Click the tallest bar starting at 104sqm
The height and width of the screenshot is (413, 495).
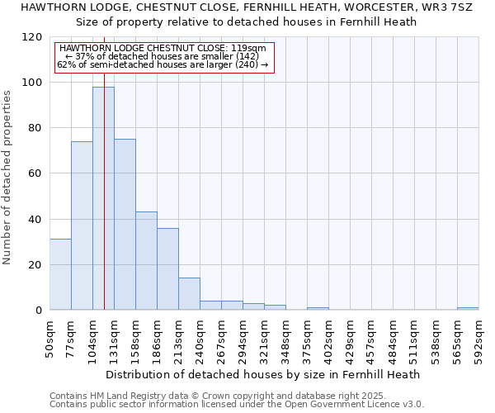pyautogui.click(x=103, y=198)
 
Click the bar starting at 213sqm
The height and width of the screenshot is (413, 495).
pyautogui.click(x=189, y=294)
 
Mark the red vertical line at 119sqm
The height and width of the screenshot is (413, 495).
pyautogui.click(x=104, y=165)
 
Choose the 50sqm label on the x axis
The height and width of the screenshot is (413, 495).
pyautogui.click(x=50, y=335)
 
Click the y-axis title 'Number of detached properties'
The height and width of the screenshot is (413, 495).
pyautogui.click(x=7, y=178)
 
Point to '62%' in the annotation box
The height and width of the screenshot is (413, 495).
pyautogui.click(x=65, y=64)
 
